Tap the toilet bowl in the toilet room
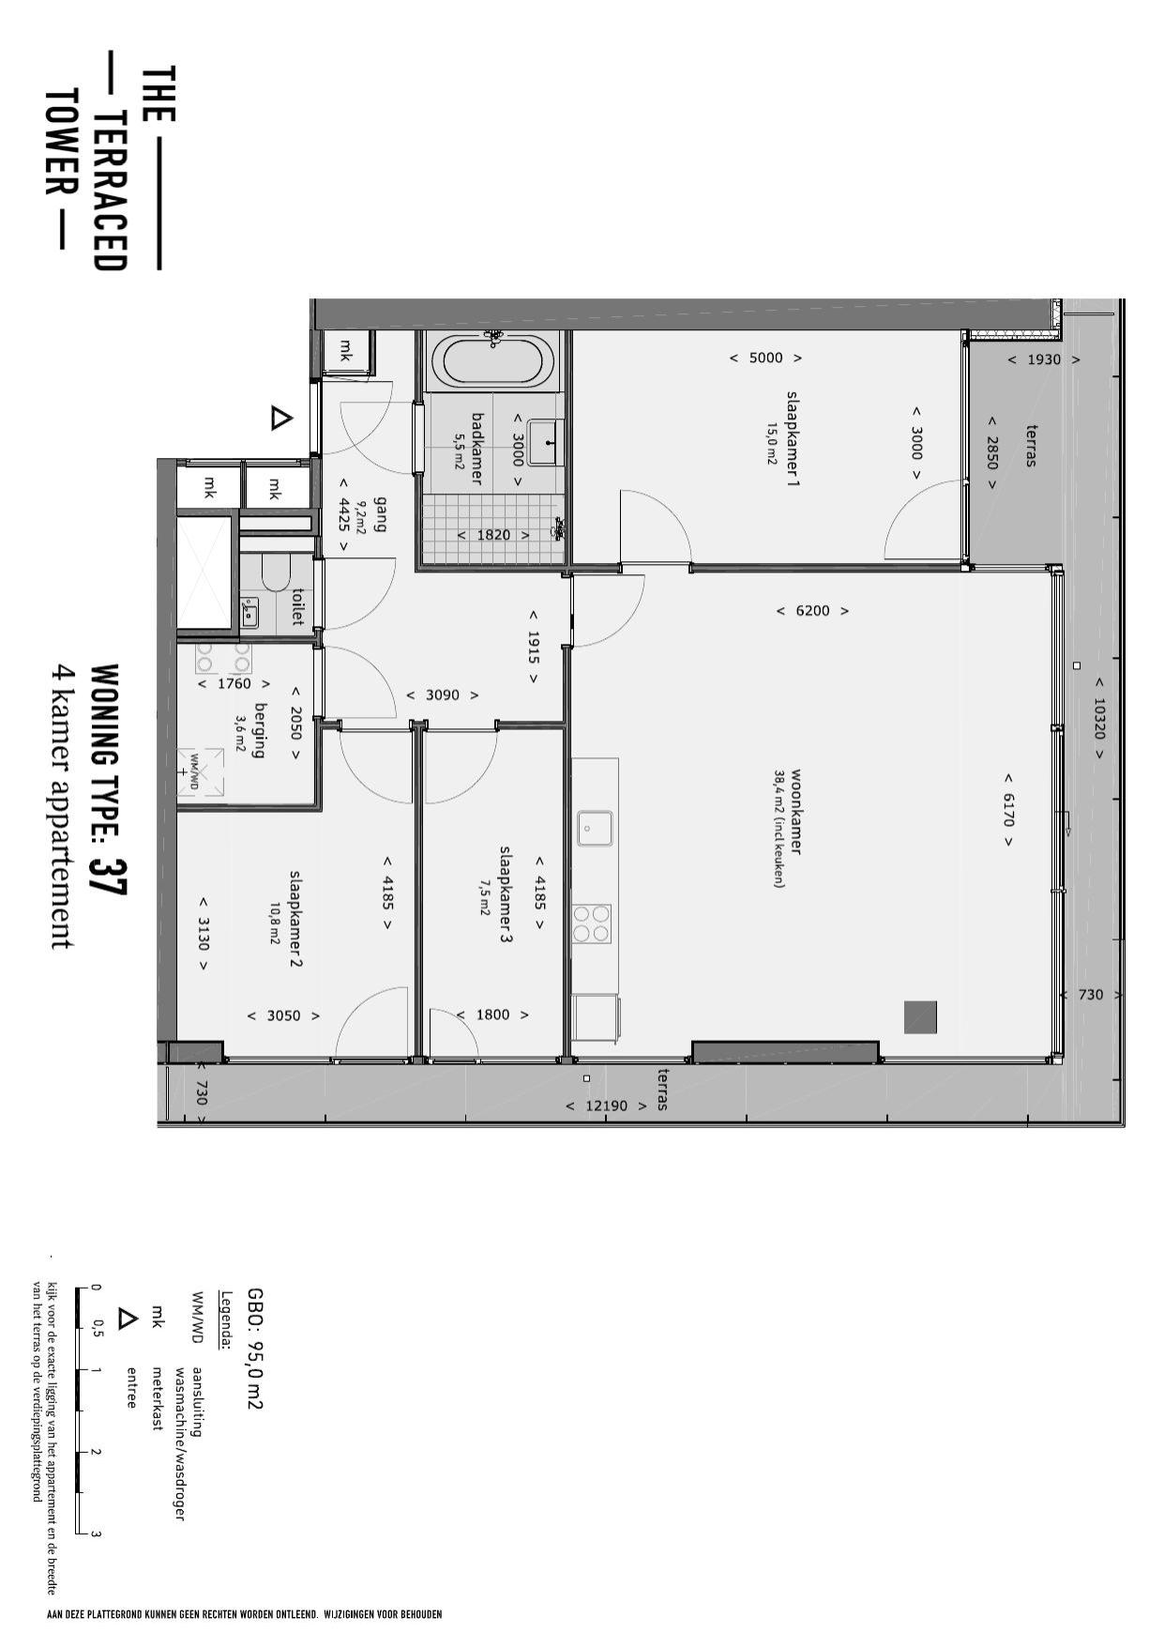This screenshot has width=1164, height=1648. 273,573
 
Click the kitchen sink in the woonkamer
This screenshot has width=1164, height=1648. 596,828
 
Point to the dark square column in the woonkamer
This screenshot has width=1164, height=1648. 920,1017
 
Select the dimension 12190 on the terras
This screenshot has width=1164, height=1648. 606,1106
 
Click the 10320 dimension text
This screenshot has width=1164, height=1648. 1100,718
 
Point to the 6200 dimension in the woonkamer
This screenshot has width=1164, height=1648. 812,611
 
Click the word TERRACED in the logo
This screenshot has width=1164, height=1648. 110,191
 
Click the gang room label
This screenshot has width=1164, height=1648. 380,513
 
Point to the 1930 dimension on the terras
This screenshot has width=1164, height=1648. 1044,359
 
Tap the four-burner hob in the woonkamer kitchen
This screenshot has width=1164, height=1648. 592,923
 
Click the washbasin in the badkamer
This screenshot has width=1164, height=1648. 545,443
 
